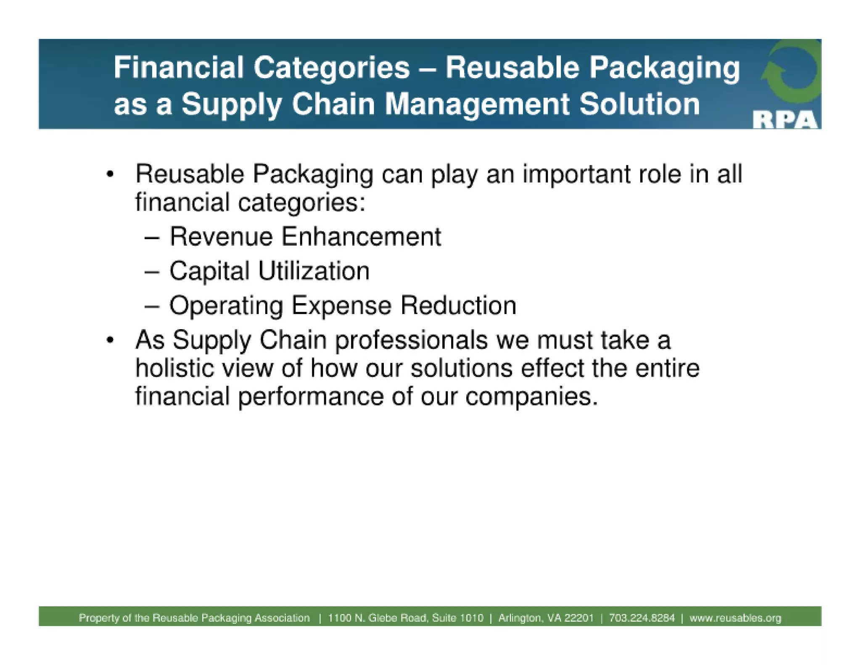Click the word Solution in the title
(x=639, y=104)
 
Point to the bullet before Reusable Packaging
(x=110, y=174)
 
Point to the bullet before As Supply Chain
(x=110, y=340)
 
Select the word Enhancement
(x=361, y=236)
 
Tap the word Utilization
(x=314, y=271)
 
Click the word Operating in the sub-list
(x=226, y=306)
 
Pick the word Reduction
(x=458, y=305)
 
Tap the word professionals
(x=411, y=340)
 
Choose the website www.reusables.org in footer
(x=735, y=618)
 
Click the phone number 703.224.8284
(x=642, y=618)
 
